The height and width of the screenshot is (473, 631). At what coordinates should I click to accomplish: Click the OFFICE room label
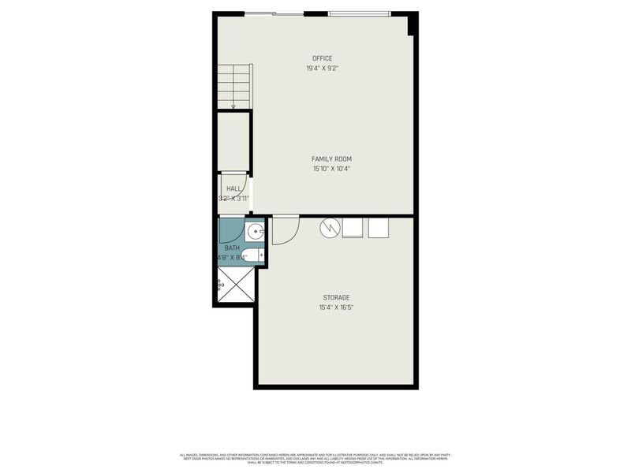point(322,58)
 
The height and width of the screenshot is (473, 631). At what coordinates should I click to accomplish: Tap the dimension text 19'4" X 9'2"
point(322,69)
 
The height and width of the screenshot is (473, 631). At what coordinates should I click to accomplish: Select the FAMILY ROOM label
point(331,158)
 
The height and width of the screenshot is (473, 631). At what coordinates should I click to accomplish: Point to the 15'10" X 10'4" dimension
point(331,169)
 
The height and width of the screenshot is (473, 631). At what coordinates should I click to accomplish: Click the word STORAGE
point(335,297)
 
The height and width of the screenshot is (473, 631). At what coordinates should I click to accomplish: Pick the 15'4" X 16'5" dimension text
point(335,307)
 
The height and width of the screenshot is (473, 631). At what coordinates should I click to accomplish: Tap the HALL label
point(234,188)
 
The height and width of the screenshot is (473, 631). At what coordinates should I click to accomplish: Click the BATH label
point(232,248)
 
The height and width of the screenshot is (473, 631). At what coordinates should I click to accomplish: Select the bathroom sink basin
point(255,232)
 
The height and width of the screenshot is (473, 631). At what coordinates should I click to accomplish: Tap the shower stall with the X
point(235,285)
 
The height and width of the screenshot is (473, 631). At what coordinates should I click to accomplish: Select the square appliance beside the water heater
point(353,227)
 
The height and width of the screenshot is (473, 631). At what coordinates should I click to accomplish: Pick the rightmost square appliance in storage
point(379,227)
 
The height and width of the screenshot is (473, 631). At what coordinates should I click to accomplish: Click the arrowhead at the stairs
point(234,106)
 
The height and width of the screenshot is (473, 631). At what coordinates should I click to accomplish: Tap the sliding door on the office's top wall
point(274,13)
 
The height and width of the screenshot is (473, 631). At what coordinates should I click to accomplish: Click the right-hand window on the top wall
point(359,13)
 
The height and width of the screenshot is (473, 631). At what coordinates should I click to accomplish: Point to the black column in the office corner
point(413,25)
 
